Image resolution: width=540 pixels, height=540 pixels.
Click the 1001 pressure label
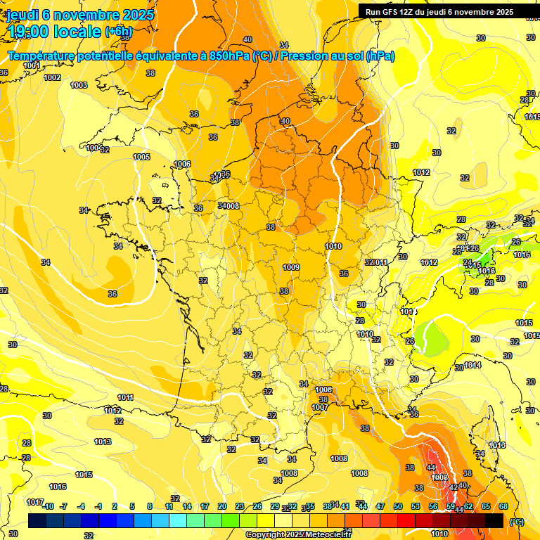pos(32,65)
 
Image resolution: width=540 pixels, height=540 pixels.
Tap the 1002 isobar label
pos(52,77)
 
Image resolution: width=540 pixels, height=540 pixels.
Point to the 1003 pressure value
pos(79,85)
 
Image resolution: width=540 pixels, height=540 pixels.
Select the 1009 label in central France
pos(292,267)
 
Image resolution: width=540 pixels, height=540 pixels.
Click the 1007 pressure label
pos(320,407)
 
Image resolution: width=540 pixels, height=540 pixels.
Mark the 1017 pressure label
pos(35,502)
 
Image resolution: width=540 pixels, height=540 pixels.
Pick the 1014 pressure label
pos(472,366)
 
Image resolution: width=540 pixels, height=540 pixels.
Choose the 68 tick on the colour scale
pos(503,506)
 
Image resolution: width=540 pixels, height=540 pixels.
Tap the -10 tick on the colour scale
pos(48,506)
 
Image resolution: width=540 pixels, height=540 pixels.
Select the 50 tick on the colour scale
pos(398,506)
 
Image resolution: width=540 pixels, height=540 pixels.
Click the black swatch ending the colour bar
pos(494,520)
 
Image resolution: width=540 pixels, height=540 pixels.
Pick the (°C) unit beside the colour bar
pos(517,521)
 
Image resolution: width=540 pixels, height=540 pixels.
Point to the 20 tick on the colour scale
pos(222,506)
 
